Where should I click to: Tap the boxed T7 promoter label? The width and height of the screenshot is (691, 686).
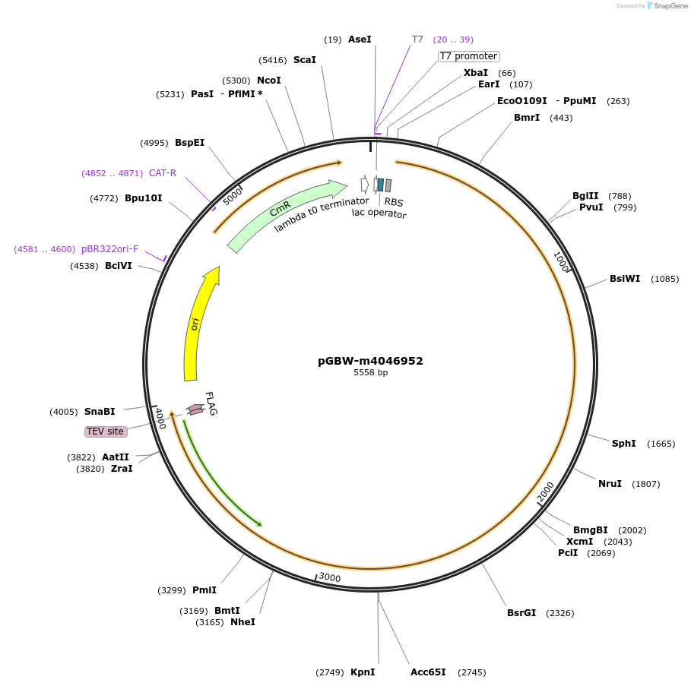[468, 56]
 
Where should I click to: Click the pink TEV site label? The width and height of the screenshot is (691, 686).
[105, 432]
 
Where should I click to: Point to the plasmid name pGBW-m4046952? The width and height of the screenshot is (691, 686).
[370, 361]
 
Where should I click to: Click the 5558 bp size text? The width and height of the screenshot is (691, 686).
[370, 373]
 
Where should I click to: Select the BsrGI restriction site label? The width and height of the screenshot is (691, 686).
[521, 613]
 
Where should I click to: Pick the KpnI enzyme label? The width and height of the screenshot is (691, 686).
[363, 672]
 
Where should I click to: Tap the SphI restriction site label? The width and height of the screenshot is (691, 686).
[623, 444]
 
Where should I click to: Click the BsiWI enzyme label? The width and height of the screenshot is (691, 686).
[625, 279]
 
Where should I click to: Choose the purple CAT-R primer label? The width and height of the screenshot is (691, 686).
[163, 173]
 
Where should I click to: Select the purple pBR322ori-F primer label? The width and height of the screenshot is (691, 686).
[110, 249]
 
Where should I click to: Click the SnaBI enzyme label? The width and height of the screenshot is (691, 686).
[100, 412]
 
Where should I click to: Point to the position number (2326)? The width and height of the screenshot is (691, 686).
[559, 613]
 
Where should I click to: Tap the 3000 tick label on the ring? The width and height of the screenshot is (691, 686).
[330, 577]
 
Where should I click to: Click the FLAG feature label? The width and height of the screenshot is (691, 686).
[211, 403]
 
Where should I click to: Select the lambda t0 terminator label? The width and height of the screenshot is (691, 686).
[322, 213]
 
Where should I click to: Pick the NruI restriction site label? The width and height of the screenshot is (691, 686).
[610, 484]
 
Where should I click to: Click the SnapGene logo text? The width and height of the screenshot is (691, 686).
[671, 6]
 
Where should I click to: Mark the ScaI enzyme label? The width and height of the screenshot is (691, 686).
[304, 60]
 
